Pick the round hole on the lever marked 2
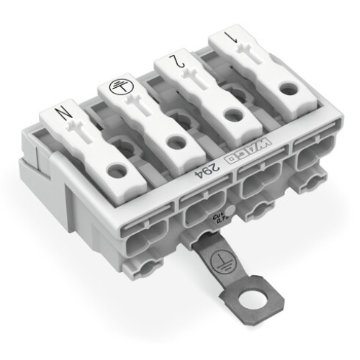(x=232, y=115)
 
